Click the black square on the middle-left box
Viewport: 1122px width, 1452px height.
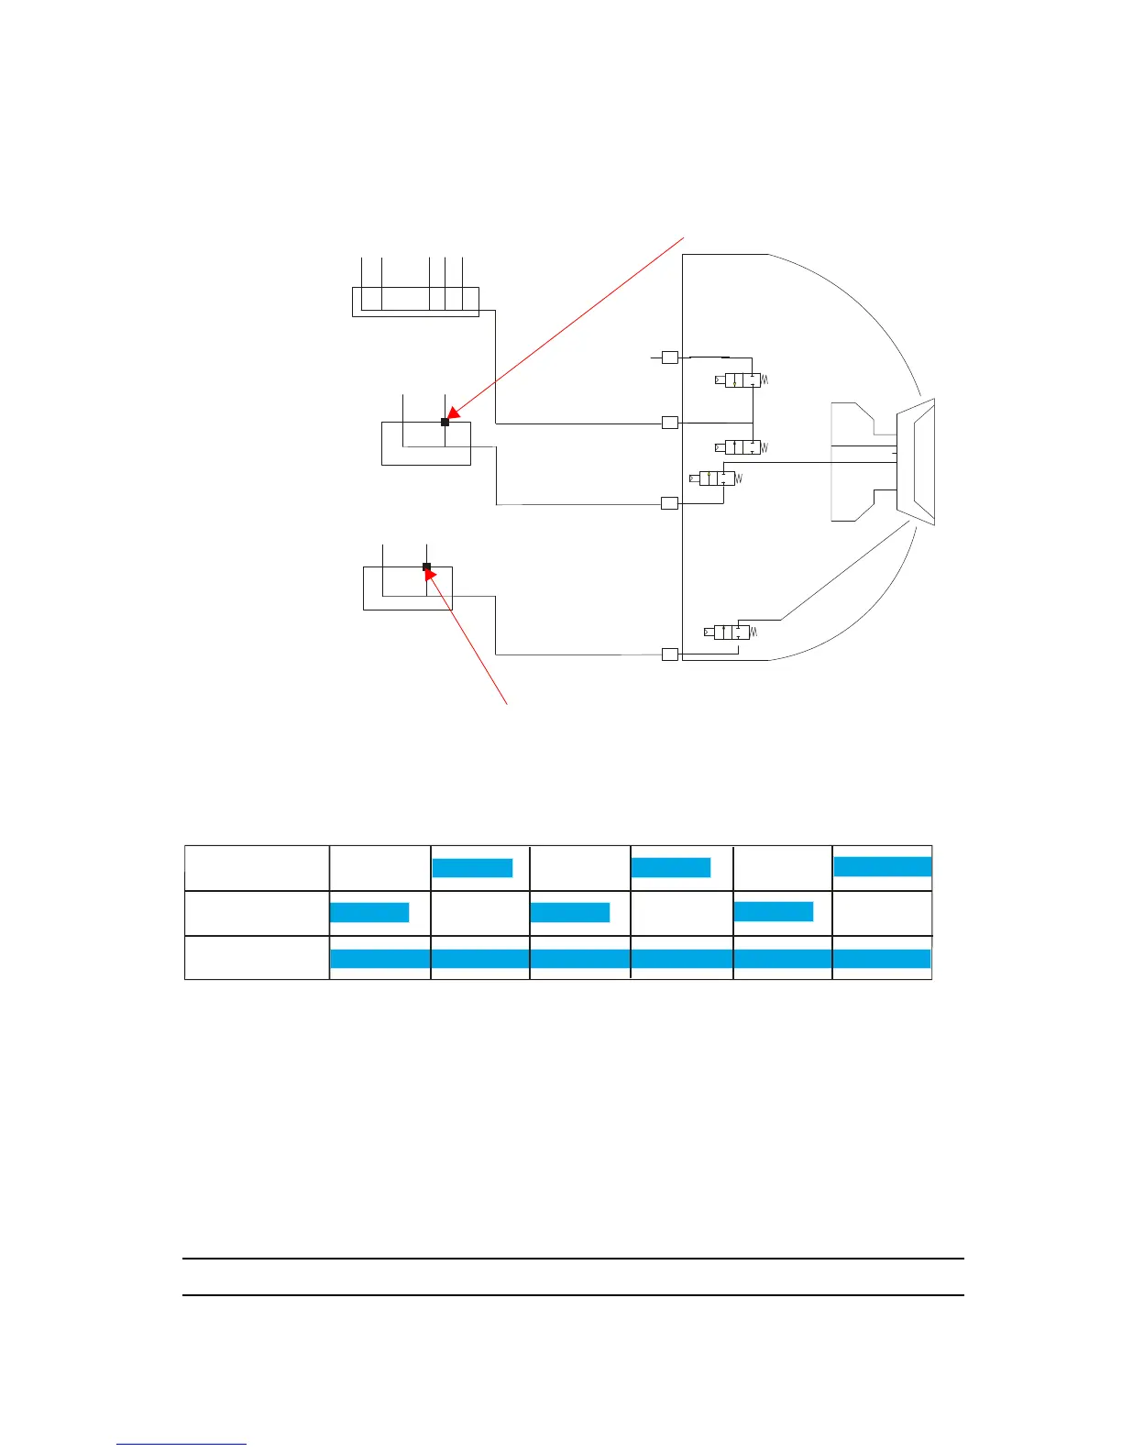pos(445,422)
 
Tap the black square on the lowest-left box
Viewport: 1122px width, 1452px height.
pos(426,566)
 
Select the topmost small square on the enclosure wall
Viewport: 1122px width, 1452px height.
pos(670,357)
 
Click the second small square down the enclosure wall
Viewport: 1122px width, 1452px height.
pos(670,423)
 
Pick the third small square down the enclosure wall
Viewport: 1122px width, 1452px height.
pos(670,502)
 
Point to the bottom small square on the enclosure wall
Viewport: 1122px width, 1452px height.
pos(670,654)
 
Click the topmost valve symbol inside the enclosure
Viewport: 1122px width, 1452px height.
pos(742,380)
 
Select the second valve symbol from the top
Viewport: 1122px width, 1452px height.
pos(742,447)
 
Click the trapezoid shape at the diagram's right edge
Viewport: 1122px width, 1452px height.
pos(916,462)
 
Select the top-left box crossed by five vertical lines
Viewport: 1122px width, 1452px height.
pos(415,301)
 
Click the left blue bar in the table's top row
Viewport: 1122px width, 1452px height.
pos(472,868)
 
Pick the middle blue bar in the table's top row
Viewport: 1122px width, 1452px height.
pos(671,868)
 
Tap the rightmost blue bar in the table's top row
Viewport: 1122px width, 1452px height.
pos(883,866)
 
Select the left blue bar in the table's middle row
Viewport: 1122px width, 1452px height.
pos(369,912)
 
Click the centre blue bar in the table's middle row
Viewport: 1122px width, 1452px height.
pos(570,912)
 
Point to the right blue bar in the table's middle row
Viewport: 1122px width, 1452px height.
pos(774,911)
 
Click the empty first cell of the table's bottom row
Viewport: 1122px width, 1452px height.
pos(257,958)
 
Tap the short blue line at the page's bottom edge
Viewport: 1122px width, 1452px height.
pos(181,1444)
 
